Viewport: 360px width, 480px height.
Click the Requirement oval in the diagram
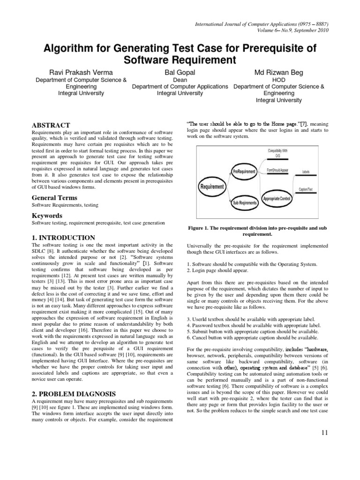coord(212,186)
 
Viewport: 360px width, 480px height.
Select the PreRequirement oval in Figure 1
coord(244,172)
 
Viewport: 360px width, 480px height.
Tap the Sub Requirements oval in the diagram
coord(245,203)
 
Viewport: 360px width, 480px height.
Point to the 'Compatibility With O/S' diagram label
coord(278,153)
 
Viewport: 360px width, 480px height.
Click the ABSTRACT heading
coord(51,125)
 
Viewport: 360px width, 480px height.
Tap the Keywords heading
coord(47,216)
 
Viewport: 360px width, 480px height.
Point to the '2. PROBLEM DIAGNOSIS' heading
coord(74,393)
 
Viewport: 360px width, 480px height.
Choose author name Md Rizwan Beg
coord(278,73)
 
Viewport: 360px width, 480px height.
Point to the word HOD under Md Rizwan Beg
coord(278,80)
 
